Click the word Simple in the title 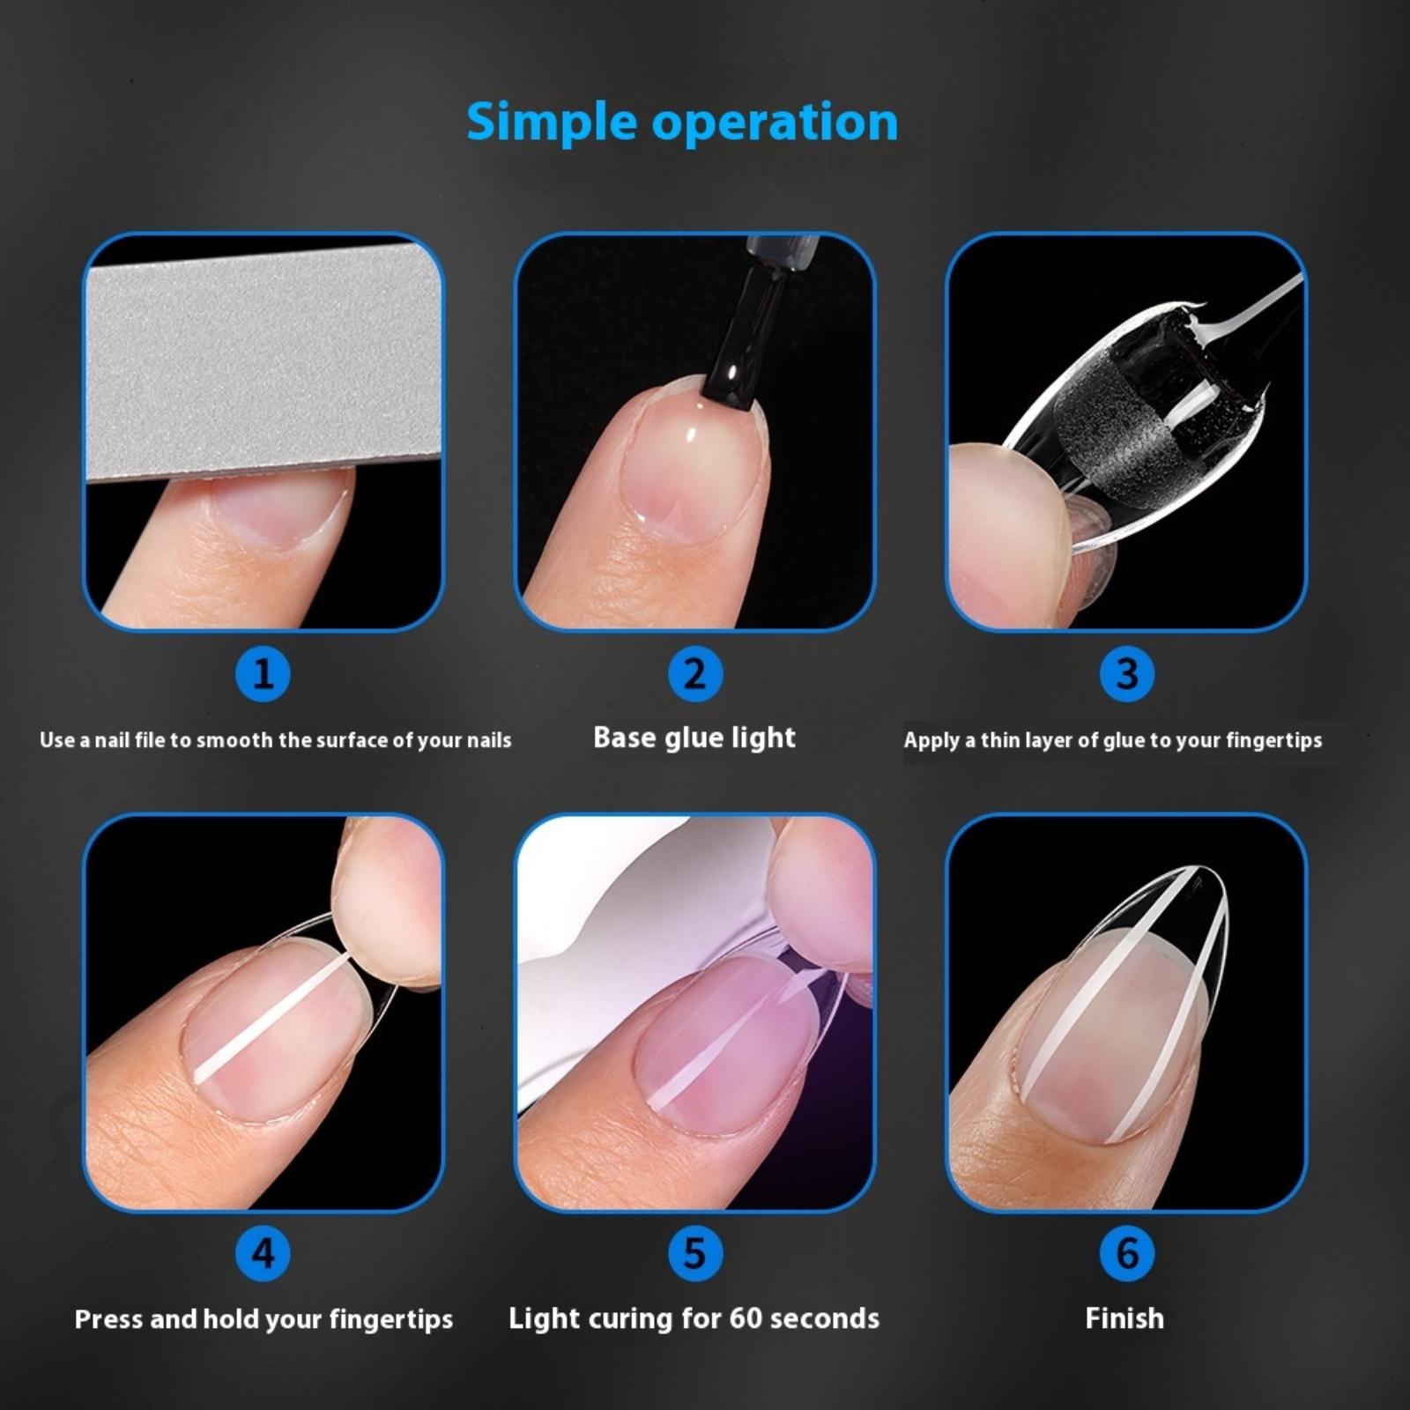(551, 122)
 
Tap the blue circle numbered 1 (263, 674)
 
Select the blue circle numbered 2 (694, 674)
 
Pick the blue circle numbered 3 (1127, 674)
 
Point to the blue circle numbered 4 (263, 1253)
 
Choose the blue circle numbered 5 (694, 1253)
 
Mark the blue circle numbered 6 (1127, 1253)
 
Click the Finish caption (1124, 1318)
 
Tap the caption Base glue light (694, 738)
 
